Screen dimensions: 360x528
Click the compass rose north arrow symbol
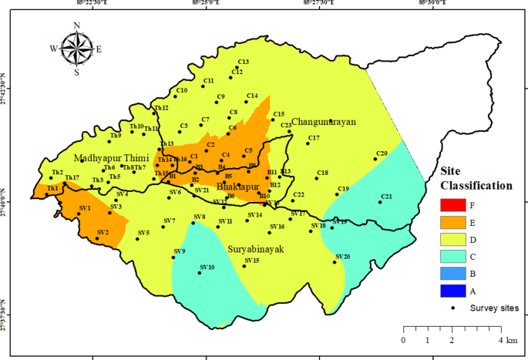point(76,49)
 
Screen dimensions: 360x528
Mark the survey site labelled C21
point(381,202)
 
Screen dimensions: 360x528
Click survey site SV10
point(201,273)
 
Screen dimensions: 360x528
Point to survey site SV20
point(335,262)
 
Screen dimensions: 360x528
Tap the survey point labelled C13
point(237,66)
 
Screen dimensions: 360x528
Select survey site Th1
point(47,194)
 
